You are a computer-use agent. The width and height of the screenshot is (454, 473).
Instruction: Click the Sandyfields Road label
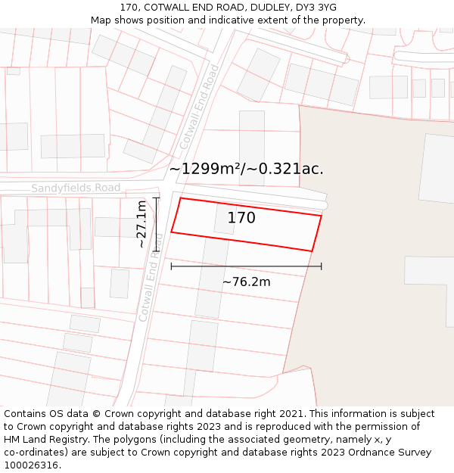click(x=76, y=188)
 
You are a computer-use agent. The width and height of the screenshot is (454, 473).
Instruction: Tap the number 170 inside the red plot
click(x=241, y=218)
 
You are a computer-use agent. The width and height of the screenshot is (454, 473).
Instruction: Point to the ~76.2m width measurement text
click(x=246, y=282)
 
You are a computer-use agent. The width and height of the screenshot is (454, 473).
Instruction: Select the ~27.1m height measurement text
click(x=141, y=225)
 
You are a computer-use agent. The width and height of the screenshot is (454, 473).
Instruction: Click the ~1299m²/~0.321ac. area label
click(x=246, y=169)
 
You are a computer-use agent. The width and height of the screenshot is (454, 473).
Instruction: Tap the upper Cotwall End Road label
click(x=199, y=106)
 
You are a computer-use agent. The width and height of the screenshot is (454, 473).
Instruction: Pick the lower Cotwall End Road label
click(x=151, y=277)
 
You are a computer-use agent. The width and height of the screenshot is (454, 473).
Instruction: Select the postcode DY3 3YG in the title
click(x=316, y=8)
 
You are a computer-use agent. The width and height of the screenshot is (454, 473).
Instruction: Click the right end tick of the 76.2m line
click(x=322, y=266)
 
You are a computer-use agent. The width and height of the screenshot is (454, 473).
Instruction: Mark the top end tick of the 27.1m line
click(x=156, y=198)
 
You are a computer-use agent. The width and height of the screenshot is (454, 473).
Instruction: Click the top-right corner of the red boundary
click(x=322, y=216)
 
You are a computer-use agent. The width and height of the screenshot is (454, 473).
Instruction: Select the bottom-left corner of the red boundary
click(x=171, y=232)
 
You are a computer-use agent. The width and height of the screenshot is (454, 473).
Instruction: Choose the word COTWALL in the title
click(x=171, y=8)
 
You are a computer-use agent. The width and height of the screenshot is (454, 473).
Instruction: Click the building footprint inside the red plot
click(x=225, y=219)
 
